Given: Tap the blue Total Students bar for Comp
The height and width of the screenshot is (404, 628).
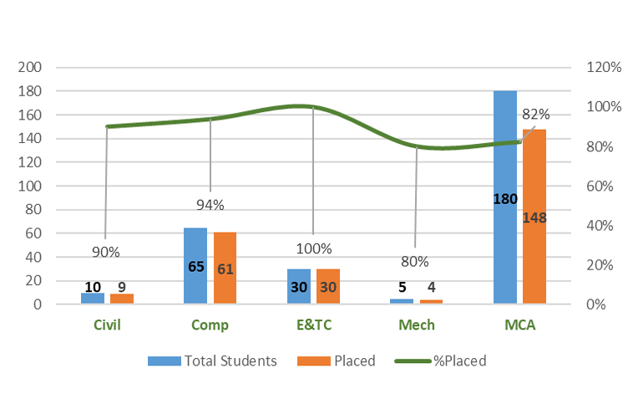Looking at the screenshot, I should (195, 251).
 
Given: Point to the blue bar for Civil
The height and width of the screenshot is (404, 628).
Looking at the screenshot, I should (93, 299).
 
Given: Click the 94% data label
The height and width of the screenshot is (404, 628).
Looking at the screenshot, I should (210, 205).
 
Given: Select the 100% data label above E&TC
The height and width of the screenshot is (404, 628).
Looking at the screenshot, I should (314, 248).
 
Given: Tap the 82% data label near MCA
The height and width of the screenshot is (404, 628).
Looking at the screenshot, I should (535, 115).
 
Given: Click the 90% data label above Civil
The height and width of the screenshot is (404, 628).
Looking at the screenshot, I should (106, 251).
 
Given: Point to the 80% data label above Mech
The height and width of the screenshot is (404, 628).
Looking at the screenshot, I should (415, 261).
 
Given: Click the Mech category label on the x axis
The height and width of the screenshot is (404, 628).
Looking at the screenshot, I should (417, 325).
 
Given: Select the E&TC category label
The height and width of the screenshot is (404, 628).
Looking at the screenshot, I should (313, 325).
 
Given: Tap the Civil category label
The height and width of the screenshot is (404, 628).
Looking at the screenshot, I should (106, 325).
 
